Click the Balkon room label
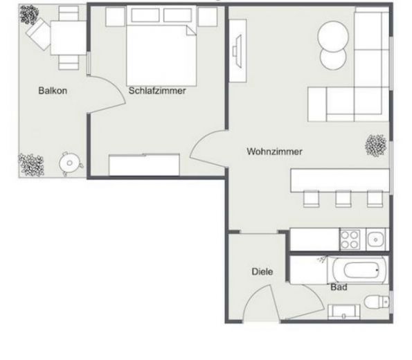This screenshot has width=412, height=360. [53, 91]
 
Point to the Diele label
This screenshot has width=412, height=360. [261, 272]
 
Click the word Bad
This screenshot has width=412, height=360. [339, 287]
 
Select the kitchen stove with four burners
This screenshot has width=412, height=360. [349, 240]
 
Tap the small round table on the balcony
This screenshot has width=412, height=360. [69, 163]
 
